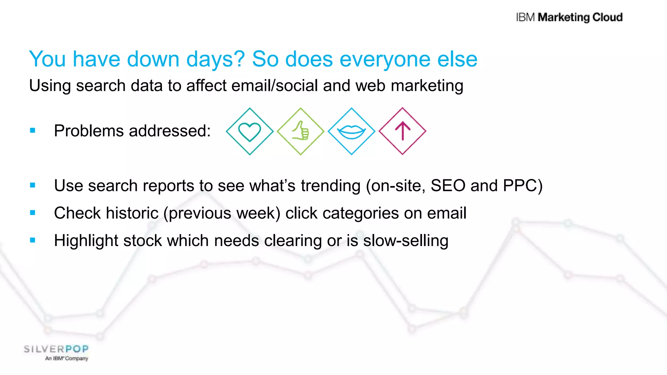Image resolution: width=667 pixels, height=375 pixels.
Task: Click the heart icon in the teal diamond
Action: tap(249, 132)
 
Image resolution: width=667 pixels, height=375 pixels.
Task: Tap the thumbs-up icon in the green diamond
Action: tap(301, 131)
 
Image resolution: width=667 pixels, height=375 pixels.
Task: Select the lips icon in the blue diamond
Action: tap(351, 132)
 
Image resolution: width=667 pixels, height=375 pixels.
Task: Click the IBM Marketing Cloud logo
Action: tap(569, 17)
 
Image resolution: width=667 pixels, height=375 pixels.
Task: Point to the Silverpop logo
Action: tap(56, 350)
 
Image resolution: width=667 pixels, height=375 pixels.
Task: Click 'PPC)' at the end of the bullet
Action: tap(522, 186)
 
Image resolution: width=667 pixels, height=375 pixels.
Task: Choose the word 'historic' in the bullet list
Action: tap(132, 213)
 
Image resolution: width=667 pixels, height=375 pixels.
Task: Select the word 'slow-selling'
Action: tap(405, 241)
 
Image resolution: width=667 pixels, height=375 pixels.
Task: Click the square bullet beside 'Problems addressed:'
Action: tap(33, 131)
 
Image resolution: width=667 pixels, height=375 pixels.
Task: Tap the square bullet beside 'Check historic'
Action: tap(33, 213)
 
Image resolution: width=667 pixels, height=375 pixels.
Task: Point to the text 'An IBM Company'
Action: tap(67, 358)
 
